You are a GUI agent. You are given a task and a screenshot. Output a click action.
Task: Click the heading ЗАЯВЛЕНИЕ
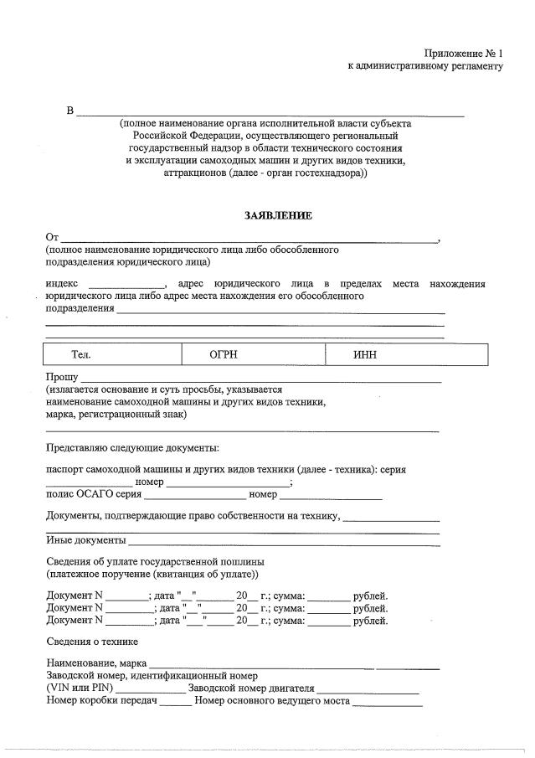(x=278, y=216)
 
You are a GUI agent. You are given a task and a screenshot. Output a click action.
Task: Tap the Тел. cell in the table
(x=80, y=355)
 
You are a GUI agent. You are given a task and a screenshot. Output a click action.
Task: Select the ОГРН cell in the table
(x=224, y=355)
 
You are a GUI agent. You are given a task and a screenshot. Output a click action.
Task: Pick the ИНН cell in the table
(x=365, y=355)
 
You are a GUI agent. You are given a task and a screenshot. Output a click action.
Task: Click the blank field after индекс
(x=127, y=285)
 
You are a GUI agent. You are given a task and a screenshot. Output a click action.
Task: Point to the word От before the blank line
(x=53, y=239)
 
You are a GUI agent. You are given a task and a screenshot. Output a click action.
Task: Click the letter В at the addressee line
(x=70, y=111)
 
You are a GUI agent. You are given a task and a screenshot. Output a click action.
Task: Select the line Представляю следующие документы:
(x=132, y=449)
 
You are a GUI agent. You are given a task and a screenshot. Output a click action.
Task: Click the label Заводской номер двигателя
(x=251, y=688)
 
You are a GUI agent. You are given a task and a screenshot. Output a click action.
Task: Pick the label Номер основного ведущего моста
(x=271, y=701)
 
